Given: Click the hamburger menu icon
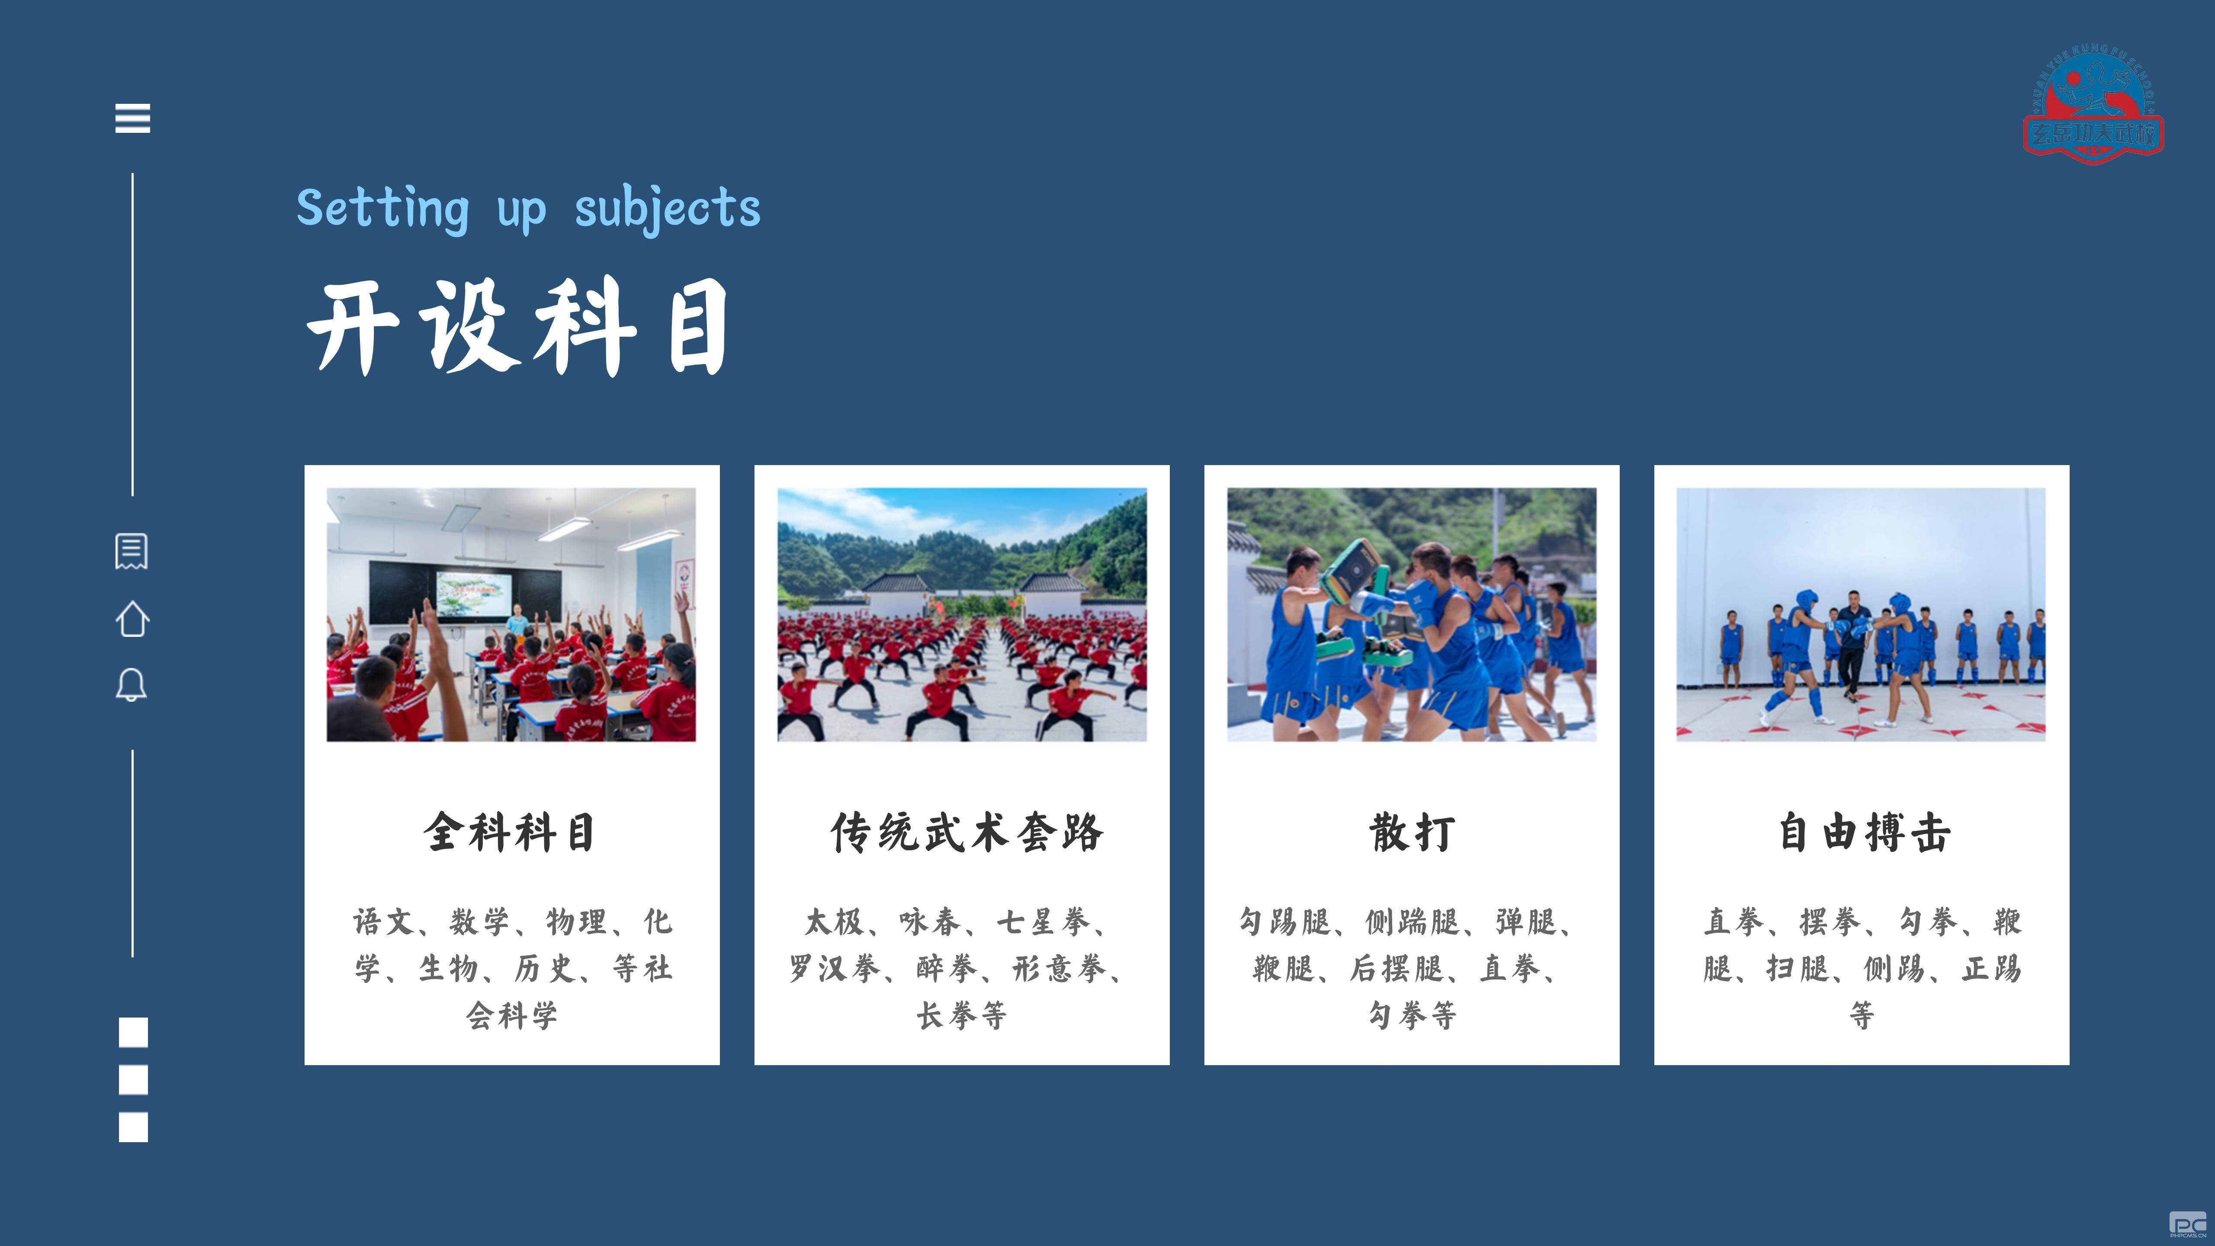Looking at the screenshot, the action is click(x=132, y=118).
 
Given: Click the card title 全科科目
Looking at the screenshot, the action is click(x=511, y=832).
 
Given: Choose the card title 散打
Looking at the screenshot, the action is click(x=1412, y=832).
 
